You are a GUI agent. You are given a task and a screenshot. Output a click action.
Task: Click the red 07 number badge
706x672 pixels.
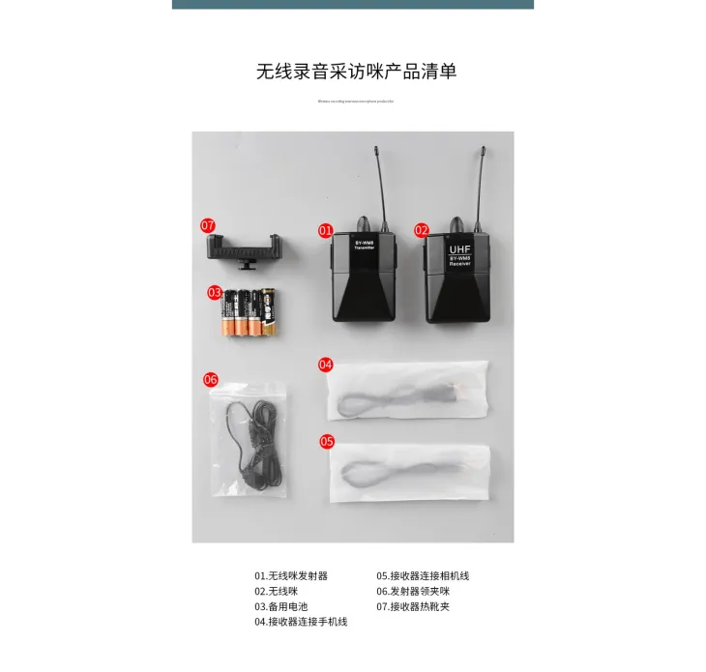tap(208, 225)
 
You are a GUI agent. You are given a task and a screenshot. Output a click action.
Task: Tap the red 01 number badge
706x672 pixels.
tap(326, 231)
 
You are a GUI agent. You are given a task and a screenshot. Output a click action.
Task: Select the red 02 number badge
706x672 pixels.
tap(422, 231)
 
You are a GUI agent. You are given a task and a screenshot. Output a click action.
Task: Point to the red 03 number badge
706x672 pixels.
tap(215, 291)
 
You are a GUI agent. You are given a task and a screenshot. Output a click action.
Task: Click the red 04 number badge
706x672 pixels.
tap(326, 365)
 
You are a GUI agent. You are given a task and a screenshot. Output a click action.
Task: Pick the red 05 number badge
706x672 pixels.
tap(327, 441)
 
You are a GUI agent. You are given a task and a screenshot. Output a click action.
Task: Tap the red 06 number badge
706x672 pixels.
tap(211, 379)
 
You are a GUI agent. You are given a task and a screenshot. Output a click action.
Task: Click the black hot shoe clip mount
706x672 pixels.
tap(245, 248)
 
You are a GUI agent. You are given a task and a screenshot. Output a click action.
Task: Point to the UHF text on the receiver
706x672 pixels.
tap(459, 248)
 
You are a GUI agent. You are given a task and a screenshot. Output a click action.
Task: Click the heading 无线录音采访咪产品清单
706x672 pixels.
tap(356, 71)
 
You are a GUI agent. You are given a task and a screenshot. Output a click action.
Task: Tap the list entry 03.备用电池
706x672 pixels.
tap(281, 606)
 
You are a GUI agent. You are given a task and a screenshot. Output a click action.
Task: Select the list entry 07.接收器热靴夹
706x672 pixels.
tap(413, 606)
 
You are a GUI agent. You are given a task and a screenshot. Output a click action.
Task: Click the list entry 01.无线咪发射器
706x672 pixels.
tap(291, 575)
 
